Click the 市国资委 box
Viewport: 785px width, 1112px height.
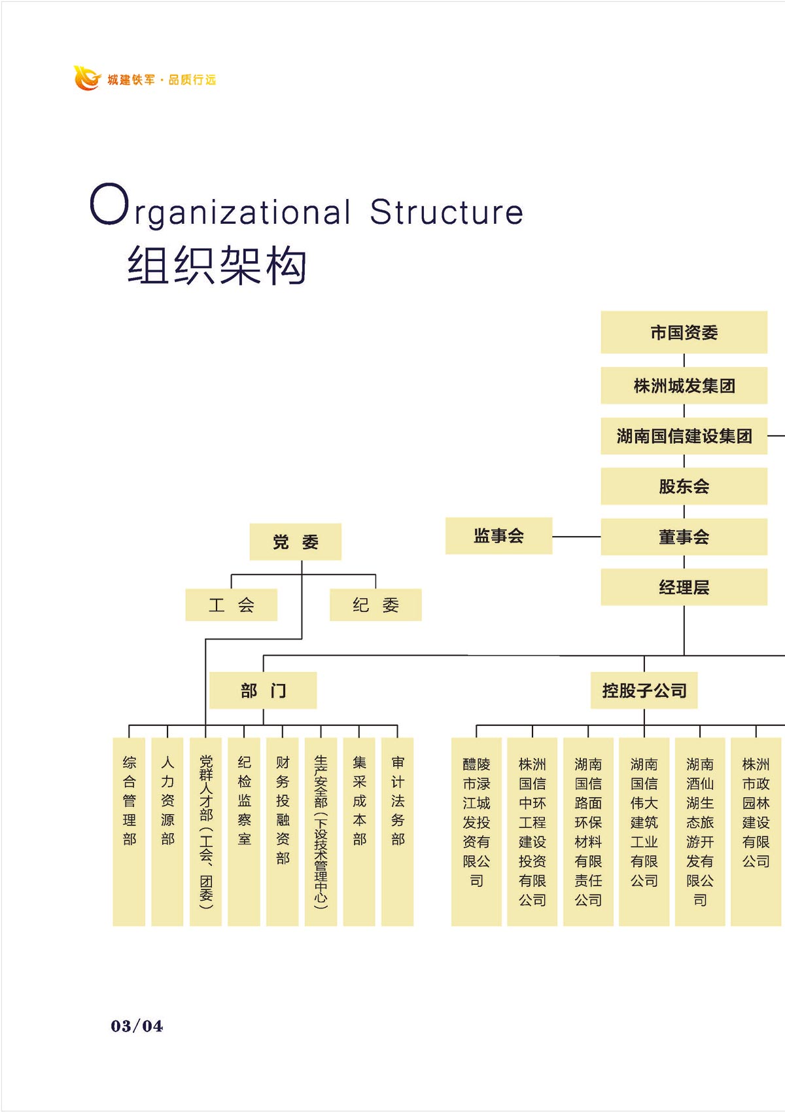tap(684, 332)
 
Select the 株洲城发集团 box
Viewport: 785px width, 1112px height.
tap(684, 386)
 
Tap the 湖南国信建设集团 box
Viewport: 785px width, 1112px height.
tap(684, 436)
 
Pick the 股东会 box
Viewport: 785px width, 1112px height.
tap(684, 486)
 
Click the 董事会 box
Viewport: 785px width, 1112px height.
tap(684, 537)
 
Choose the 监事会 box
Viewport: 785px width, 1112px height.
tap(498, 536)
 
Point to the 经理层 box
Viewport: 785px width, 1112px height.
tap(684, 587)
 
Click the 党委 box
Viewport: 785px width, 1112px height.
tap(295, 542)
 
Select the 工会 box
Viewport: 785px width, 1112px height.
tap(231, 605)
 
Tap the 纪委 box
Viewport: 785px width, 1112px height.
tap(375, 605)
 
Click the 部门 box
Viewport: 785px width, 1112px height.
tap(263, 691)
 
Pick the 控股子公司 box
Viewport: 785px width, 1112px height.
tap(644, 691)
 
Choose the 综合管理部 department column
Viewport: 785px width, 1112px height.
tap(129, 831)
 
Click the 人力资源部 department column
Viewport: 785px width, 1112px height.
tap(167, 831)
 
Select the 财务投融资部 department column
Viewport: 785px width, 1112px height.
tap(283, 831)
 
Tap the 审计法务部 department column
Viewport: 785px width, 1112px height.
tap(398, 831)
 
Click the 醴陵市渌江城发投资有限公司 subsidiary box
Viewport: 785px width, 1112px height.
tap(476, 831)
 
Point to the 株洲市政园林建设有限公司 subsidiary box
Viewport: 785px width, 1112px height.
tap(756, 831)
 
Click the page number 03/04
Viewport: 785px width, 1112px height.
tap(137, 1026)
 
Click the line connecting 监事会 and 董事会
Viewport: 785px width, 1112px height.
tap(576, 537)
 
